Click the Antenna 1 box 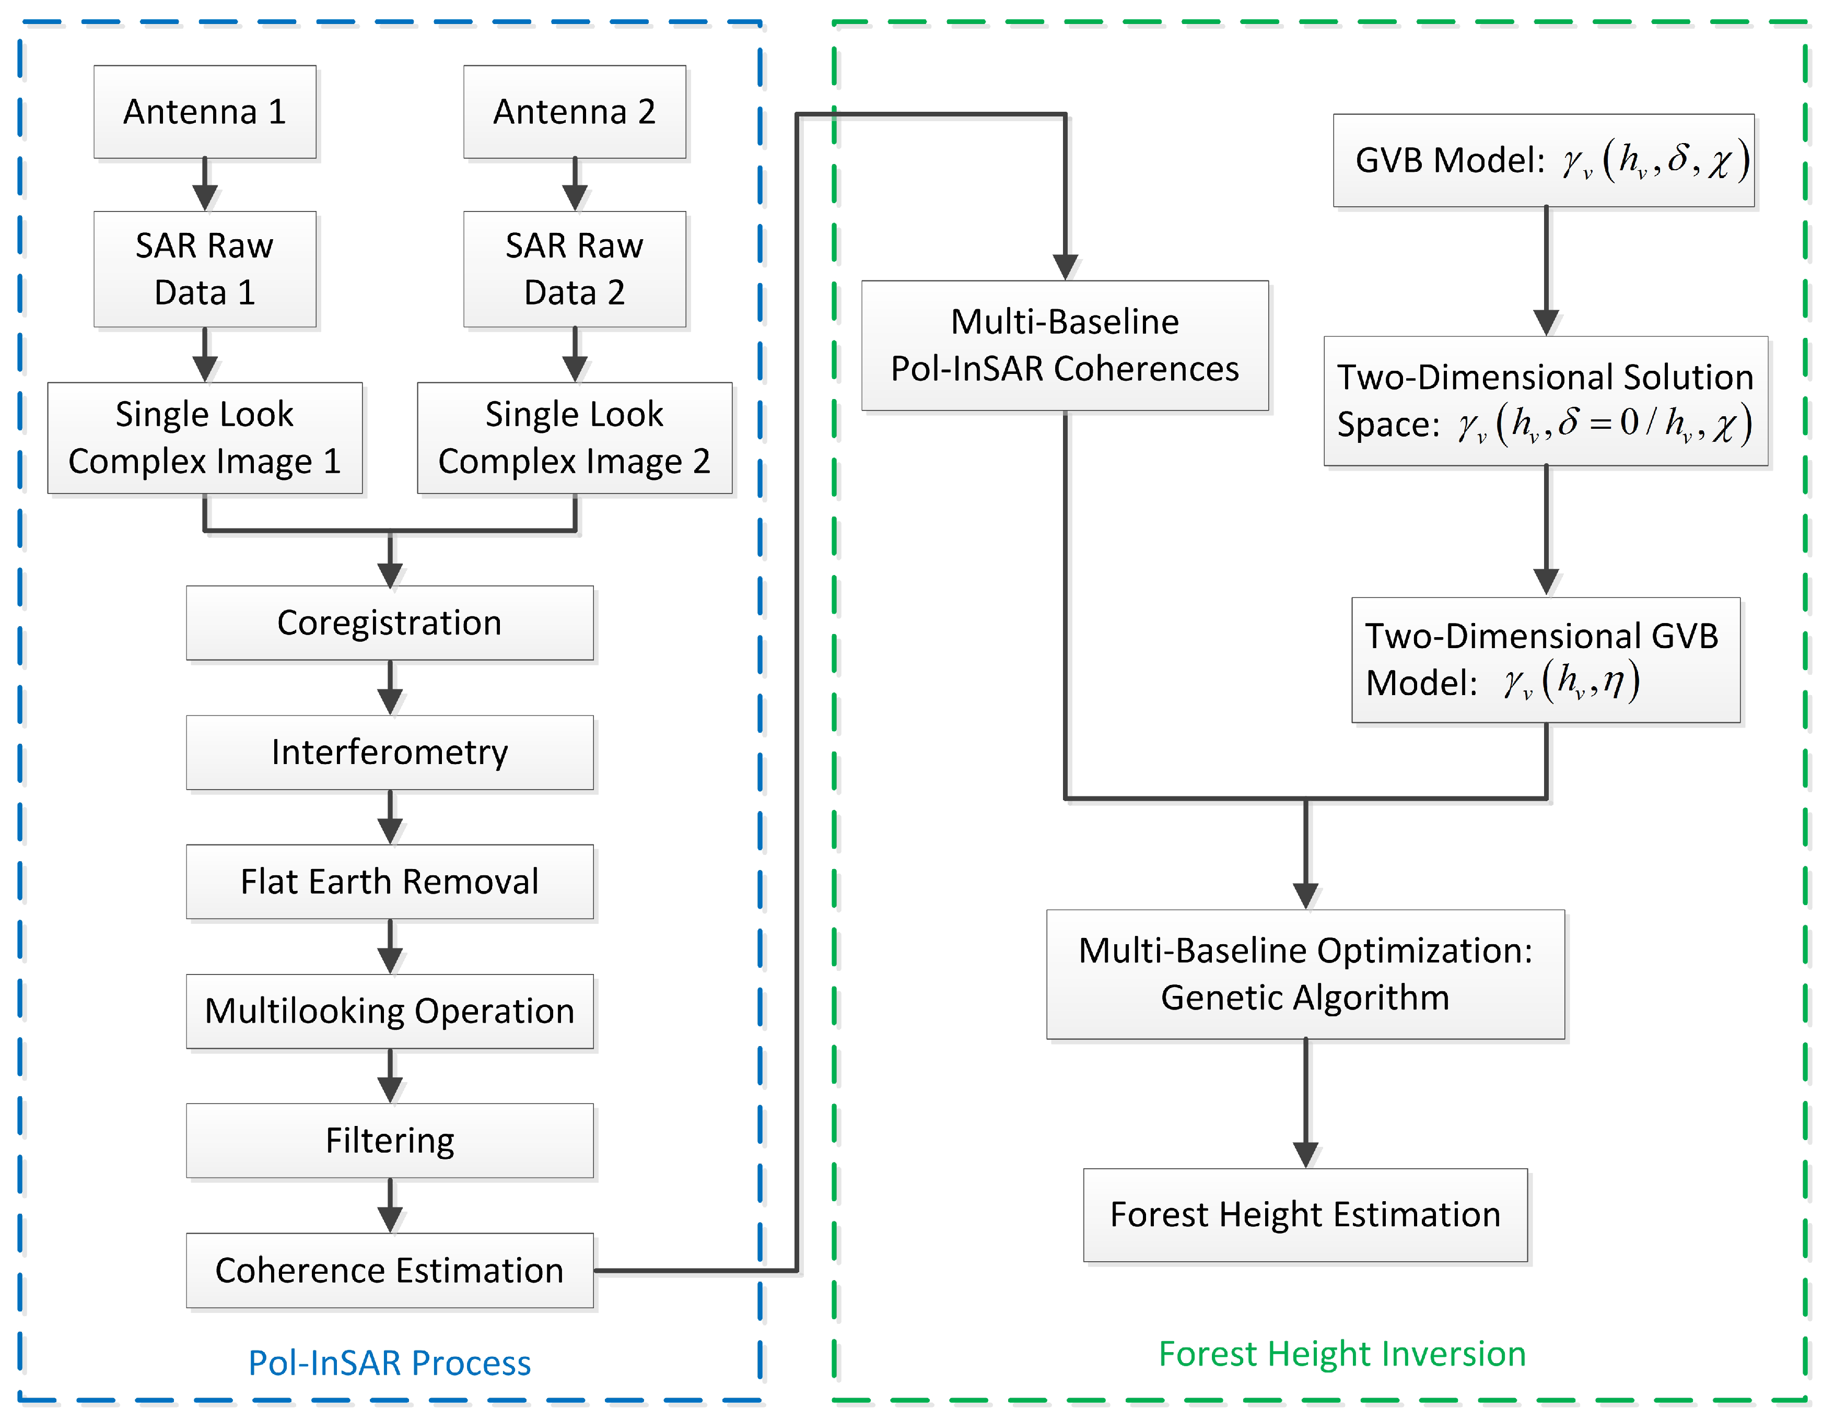pyautogui.click(x=205, y=112)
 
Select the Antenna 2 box pyautogui.click(x=574, y=112)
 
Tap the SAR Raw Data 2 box pyautogui.click(x=574, y=268)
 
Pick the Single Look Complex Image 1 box pyautogui.click(x=205, y=438)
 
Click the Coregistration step pyautogui.click(x=389, y=623)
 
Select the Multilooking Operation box pyautogui.click(x=389, y=1011)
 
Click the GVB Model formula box pyautogui.click(x=1544, y=160)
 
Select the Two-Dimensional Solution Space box pyautogui.click(x=1545, y=401)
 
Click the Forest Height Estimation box pyautogui.click(x=1305, y=1215)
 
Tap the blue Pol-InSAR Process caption pyautogui.click(x=389, y=1363)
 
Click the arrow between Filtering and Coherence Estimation pyautogui.click(x=390, y=1205)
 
